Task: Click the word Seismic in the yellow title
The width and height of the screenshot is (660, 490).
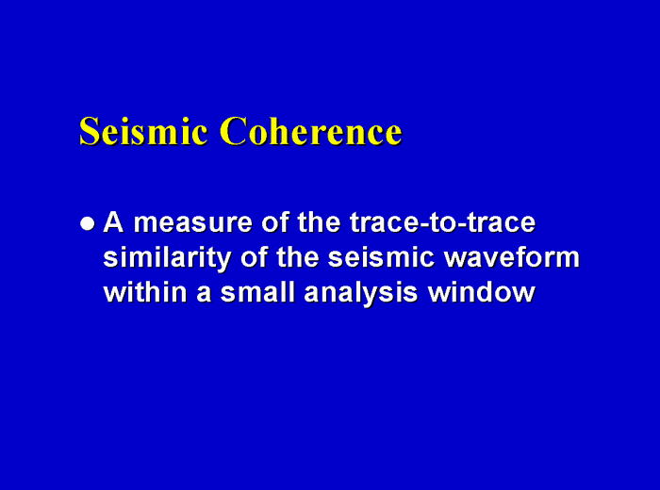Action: click(x=142, y=131)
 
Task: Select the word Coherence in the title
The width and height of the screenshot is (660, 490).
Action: click(x=310, y=131)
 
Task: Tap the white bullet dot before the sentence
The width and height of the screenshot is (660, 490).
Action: click(x=88, y=224)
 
